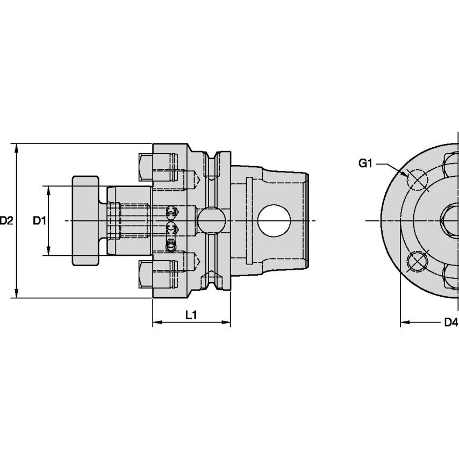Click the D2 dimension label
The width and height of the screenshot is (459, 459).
point(6,220)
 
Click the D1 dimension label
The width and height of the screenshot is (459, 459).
point(39,220)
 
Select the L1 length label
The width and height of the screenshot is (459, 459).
point(191,315)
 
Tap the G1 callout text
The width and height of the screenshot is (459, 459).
point(365,163)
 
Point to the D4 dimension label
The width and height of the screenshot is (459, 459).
point(450,322)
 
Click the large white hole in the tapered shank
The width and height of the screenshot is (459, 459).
point(274,221)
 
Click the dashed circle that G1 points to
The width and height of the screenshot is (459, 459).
point(417,180)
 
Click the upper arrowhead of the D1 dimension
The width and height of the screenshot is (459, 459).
point(49,190)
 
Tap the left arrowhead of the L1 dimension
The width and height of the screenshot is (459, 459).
point(156,323)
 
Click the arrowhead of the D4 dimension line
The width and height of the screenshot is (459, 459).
point(404,323)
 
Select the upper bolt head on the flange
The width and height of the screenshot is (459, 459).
point(146,167)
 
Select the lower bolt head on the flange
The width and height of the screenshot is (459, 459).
point(146,274)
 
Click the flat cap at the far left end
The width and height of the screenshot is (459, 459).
point(85,220)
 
